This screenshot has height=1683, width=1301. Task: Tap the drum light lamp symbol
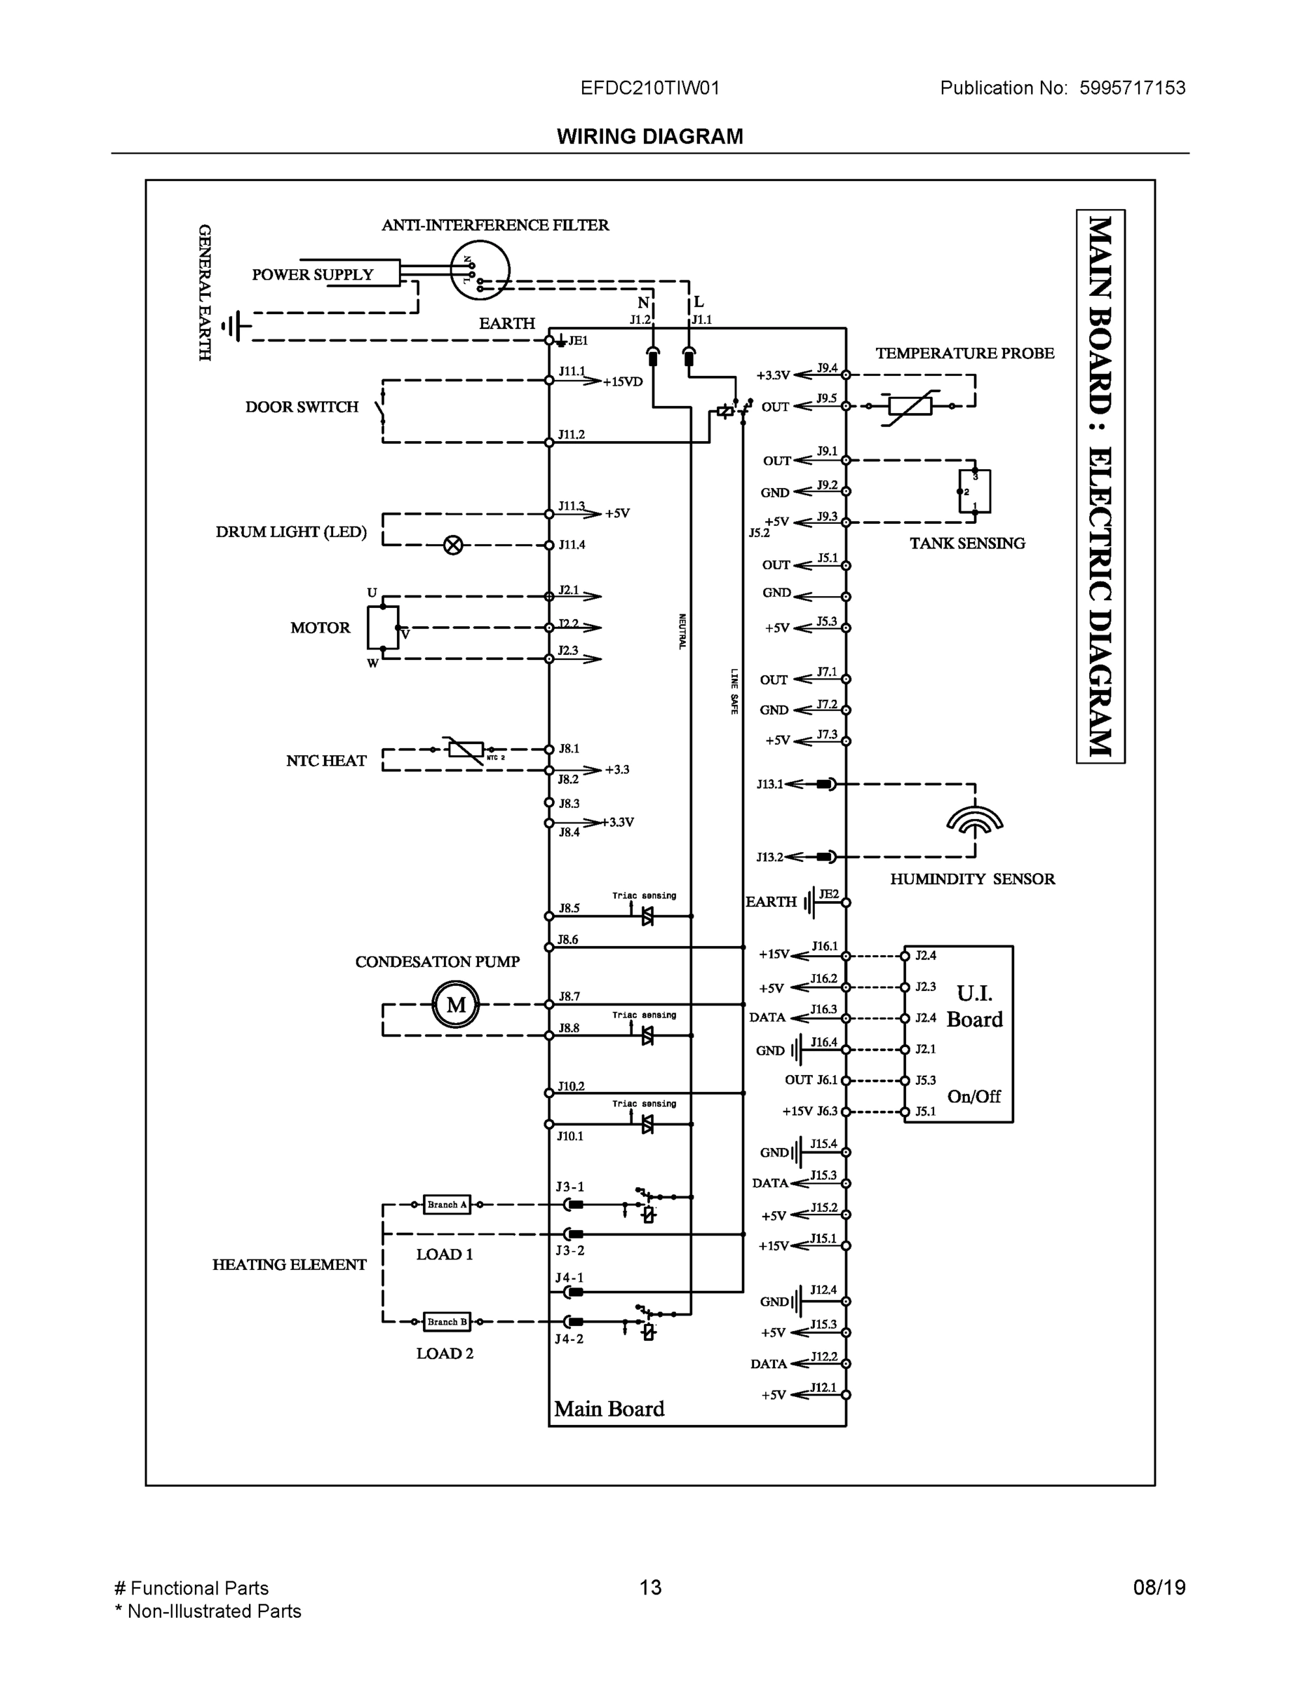click(453, 546)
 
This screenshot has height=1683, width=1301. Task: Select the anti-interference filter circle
click(480, 270)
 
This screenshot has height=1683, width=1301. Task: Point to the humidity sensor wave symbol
click(974, 821)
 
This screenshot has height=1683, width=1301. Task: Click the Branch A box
click(447, 1205)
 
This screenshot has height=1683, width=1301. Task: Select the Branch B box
click(447, 1322)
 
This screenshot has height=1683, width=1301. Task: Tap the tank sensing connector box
click(974, 491)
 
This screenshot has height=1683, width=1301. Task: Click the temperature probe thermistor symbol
click(910, 406)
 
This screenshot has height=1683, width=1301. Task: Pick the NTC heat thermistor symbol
click(466, 749)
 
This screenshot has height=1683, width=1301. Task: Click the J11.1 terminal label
click(572, 372)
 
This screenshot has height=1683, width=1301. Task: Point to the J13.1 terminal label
click(769, 785)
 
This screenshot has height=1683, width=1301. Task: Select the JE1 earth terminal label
click(578, 341)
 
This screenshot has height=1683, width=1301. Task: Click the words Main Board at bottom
click(609, 1409)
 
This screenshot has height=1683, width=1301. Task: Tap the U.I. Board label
click(974, 1006)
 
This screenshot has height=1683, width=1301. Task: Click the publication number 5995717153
click(1131, 88)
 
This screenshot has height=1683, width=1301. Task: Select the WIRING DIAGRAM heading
click(649, 137)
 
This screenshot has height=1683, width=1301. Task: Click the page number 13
click(649, 1588)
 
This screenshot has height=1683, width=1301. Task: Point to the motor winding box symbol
click(382, 628)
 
